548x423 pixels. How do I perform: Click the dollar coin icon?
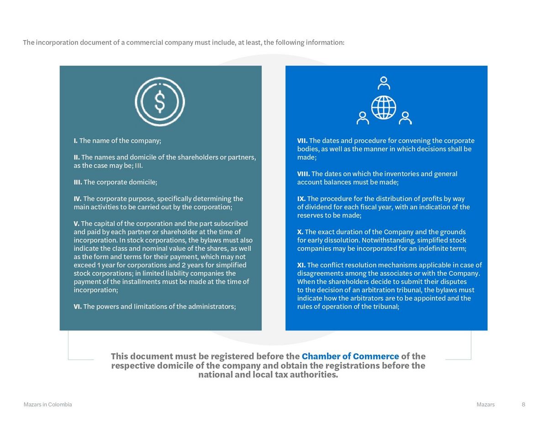point(160,101)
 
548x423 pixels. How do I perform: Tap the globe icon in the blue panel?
point(384,107)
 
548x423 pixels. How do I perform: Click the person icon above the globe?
point(384,83)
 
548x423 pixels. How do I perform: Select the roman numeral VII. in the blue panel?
point(302,140)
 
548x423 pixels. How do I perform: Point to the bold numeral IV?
point(78,199)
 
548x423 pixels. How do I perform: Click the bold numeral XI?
point(301,265)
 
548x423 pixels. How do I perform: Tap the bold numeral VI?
point(78,306)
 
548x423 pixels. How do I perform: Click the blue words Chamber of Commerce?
point(350,356)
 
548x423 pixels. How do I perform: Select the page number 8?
point(523,404)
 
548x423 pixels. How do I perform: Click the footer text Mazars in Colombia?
point(47,404)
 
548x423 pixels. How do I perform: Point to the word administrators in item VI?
point(212,306)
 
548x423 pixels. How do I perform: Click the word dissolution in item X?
point(342,240)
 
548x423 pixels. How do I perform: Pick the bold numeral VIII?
point(303,174)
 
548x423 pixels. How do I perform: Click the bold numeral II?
point(77,157)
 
